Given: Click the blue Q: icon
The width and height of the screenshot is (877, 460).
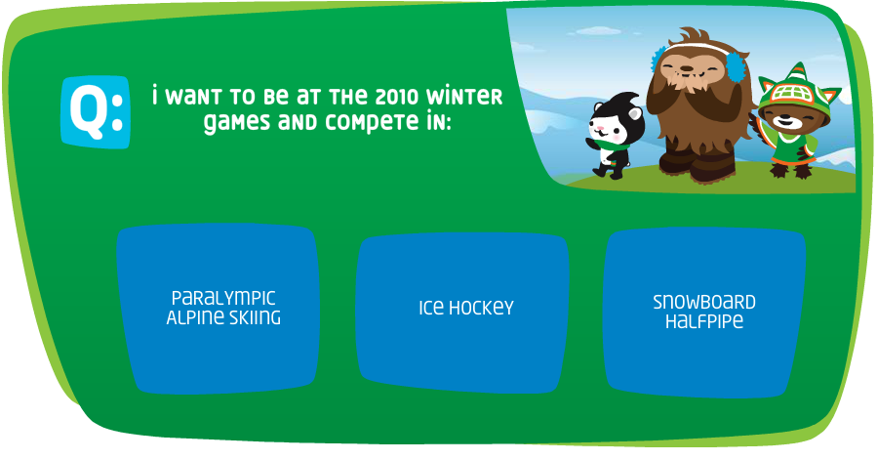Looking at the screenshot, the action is point(96,112).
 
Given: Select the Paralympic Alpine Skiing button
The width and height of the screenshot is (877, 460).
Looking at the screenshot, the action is point(219,309).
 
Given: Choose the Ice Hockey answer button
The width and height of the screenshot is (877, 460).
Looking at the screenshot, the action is point(462,313).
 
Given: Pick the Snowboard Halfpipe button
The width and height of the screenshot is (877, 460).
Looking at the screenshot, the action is point(705,313).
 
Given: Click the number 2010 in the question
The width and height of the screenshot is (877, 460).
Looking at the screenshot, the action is point(396,97).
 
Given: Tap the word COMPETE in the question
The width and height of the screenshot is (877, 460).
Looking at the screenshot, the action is point(372,121).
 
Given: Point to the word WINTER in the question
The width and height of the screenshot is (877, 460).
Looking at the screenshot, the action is point(464,96).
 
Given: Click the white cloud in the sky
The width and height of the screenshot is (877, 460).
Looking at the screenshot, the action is point(598,30).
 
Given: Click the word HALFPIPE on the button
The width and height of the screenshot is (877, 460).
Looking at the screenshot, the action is point(704,321).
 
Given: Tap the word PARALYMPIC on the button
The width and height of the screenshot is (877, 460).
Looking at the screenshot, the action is point(223,298).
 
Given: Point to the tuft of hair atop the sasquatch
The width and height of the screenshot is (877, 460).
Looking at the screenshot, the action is point(693,37).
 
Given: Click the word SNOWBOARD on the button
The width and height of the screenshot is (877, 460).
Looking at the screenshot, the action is point(704,302).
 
